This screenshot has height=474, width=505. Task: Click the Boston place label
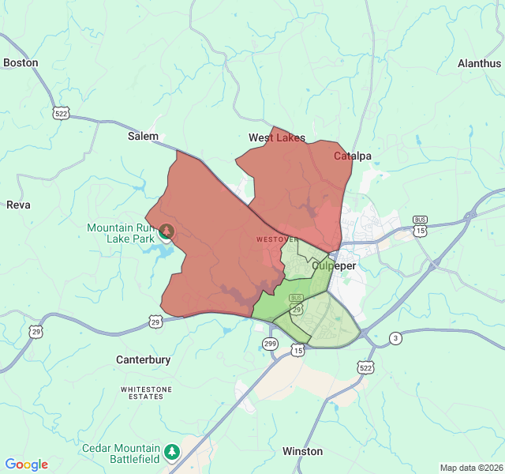(21, 62)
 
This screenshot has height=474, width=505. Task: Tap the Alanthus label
(479, 63)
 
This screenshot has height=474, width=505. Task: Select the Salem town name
(143, 136)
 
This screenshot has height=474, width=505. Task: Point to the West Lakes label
(277, 137)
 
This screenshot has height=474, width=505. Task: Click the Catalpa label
(353, 156)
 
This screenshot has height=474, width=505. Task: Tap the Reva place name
(18, 205)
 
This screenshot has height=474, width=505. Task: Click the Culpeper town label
(334, 265)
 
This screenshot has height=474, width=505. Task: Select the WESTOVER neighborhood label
(277, 239)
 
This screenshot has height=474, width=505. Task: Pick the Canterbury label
(144, 359)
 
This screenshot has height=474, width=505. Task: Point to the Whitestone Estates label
(142, 393)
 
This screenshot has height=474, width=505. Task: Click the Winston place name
(303, 451)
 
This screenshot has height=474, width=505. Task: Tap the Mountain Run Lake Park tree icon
(166, 231)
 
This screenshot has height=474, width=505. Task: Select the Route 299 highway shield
(270, 343)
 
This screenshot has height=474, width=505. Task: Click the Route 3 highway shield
(395, 338)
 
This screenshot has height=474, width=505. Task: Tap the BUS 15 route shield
(420, 226)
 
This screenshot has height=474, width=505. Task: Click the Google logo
(26, 465)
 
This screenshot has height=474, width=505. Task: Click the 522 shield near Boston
(61, 113)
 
